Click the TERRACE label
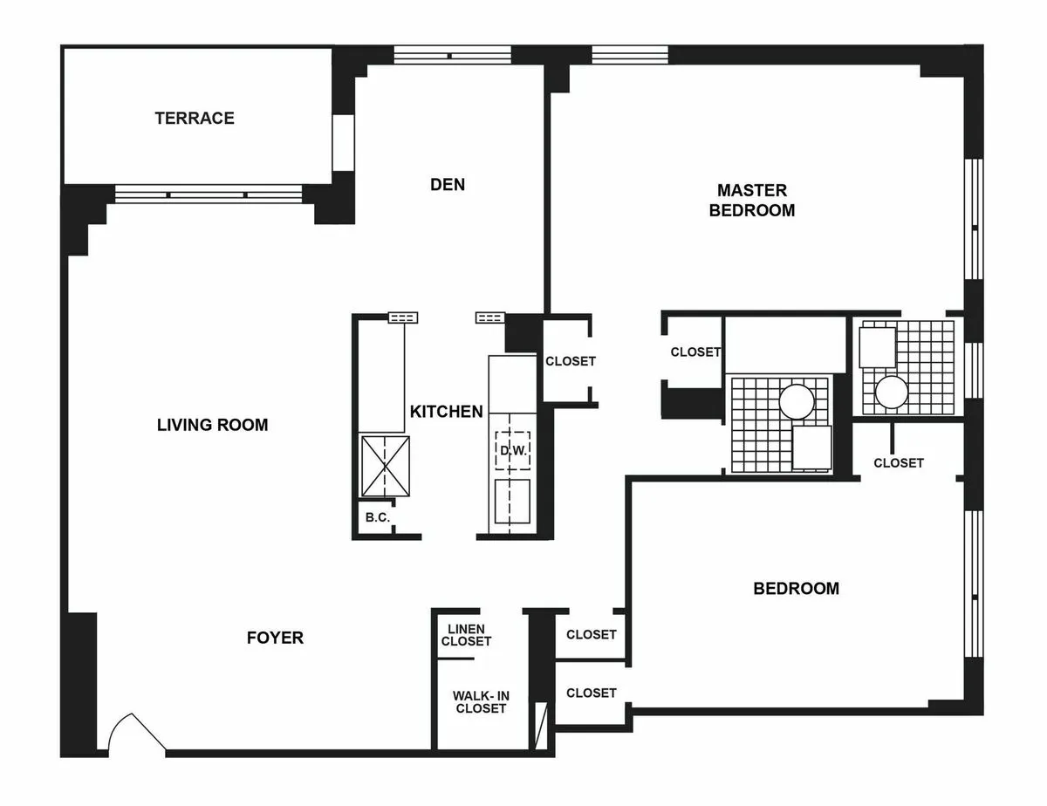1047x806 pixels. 195,118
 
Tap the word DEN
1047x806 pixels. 448,184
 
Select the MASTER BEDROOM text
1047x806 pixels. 751,200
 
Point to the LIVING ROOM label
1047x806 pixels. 212,425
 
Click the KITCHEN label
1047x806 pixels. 447,411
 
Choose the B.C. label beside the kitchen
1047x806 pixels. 377,517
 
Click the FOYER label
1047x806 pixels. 275,638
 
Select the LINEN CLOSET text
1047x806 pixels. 466,635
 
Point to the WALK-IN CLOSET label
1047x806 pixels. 479,702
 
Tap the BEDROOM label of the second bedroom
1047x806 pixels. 796,588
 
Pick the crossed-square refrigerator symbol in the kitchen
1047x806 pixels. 385,466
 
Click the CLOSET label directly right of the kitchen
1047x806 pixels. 570,361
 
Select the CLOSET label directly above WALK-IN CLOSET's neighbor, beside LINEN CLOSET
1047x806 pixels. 591,634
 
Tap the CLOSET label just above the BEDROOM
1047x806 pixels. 898,462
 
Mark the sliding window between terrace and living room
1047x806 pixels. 209,194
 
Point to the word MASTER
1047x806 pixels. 751,189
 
